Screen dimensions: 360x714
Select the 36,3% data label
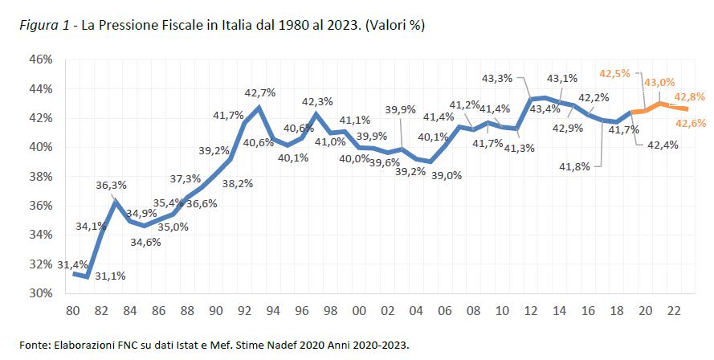[112, 185]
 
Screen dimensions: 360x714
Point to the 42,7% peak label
[259, 92]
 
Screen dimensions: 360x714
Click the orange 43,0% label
[659, 82]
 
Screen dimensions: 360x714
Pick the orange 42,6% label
[691, 123]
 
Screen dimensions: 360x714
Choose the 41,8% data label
[574, 166]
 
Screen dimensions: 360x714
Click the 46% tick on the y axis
[42, 60]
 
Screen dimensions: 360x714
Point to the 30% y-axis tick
[42, 293]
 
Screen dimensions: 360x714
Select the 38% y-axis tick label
[42, 177]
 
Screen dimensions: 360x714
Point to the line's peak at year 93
[259, 107]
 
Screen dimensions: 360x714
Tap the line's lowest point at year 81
[87, 276]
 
